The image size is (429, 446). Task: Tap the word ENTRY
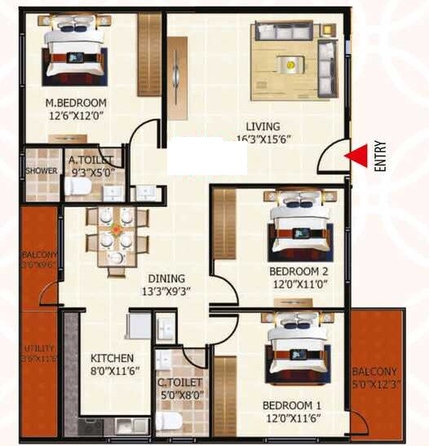click(x=379, y=156)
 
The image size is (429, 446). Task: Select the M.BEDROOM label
click(x=76, y=103)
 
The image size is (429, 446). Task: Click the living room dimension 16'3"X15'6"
click(x=263, y=139)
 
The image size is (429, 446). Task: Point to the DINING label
click(x=166, y=278)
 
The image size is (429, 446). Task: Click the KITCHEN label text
click(x=112, y=358)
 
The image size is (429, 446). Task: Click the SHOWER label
click(x=42, y=171)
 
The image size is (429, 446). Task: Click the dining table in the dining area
click(x=117, y=236)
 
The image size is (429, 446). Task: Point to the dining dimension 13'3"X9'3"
click(x=166, y=291)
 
